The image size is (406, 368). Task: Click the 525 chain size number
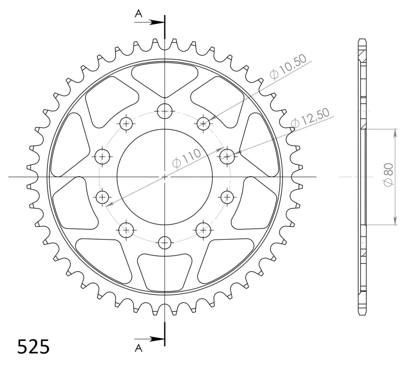pyautogui.click(x=33, y=347)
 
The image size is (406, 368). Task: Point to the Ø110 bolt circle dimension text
pyautogui.click(x=187, y=159)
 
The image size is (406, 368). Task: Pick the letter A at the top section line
pyautogui.click(x=139, y=14)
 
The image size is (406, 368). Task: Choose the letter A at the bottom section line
pyautogui.click(x=139, y=348)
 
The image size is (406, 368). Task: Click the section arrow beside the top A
pyautogui.click(x=149, y=22)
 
